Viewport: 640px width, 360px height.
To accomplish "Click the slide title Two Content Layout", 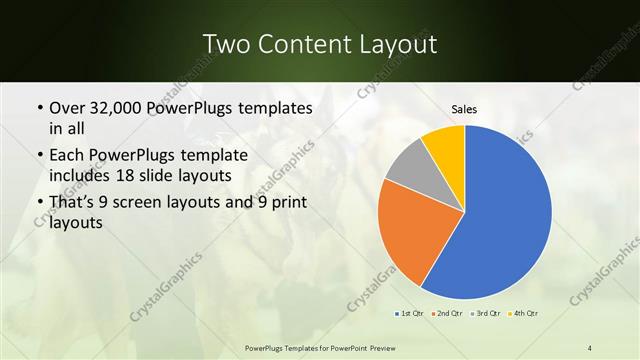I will (319, 44).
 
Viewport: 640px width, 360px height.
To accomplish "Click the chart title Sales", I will (464, 108).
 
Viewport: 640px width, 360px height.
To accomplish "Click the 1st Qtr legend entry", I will (410, 314).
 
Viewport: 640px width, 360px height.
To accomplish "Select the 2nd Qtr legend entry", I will (446, 314).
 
